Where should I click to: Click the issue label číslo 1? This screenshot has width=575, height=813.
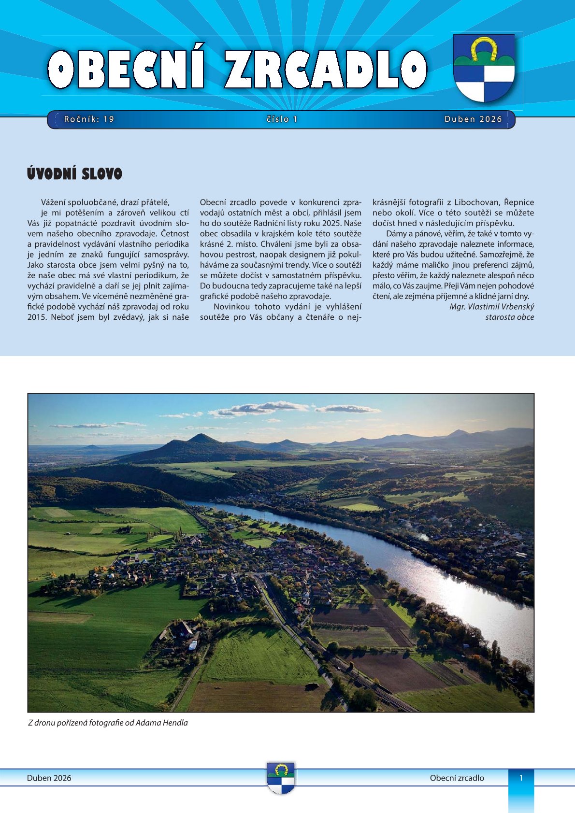click(x=282, y=119)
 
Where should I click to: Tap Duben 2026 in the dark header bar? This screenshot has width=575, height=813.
click(x=473, y=119)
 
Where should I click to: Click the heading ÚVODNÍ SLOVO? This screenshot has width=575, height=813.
click(x=75, y=174)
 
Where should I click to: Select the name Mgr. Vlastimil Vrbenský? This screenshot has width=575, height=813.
click(x=491, y=307)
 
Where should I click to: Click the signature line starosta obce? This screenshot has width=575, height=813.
click(x=509, y=317)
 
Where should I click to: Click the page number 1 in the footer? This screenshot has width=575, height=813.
click(x=521, y=778)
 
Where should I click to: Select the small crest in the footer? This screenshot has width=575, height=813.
click(x=281, y=777)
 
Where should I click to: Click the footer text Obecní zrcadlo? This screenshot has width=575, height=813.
click(x=457, y=778)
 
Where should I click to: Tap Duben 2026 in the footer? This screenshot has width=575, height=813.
click(x=49, y=778)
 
